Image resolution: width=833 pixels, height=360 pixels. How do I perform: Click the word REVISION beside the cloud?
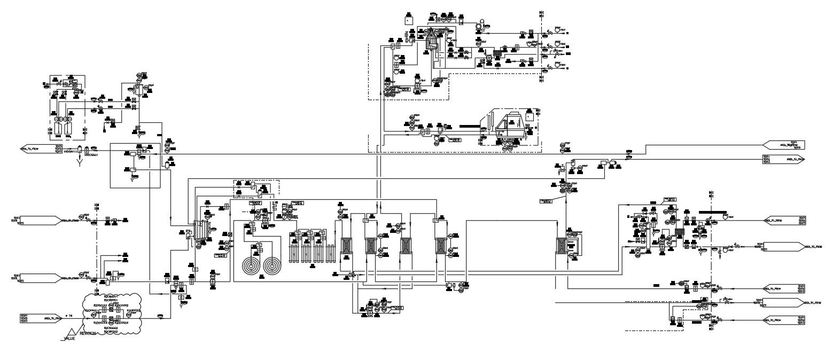coord(88,332)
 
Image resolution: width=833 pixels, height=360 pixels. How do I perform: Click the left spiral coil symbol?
coord(250,265)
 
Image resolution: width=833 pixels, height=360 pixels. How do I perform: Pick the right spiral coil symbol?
coord(273,265)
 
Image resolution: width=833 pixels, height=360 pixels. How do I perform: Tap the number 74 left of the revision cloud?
coord(69,316)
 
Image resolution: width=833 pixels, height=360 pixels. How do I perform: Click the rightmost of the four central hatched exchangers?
coord(441,246)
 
